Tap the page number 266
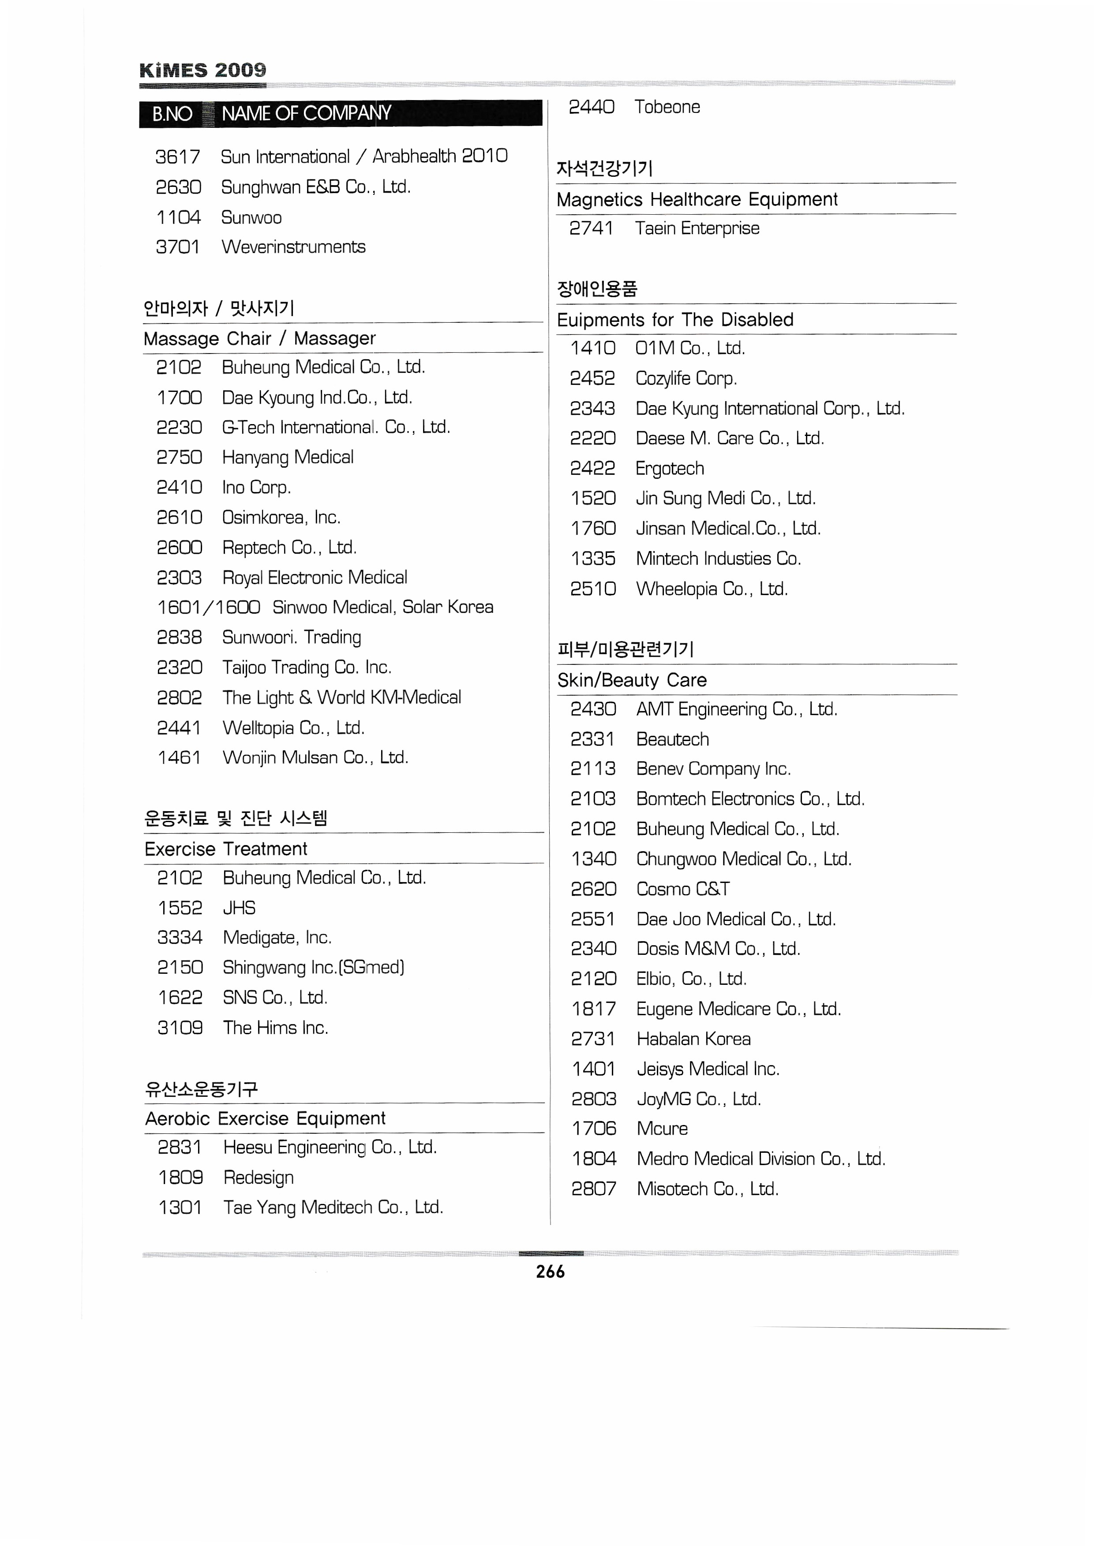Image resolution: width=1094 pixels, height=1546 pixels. pyautogui.click(x=551, y=1271)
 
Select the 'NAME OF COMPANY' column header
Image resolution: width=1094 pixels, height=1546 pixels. pyautogui.click(x=307, y=113)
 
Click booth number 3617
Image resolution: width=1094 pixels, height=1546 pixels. pyautogui.click(x=178, y=157)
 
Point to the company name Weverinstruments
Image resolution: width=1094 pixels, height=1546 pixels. pyautogui.click(x=294, y=247)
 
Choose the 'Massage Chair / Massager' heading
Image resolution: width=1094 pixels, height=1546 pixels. pyautogui.click(x=260, y=338)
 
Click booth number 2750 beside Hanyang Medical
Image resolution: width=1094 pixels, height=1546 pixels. pyautogui.click(x=179, y=457)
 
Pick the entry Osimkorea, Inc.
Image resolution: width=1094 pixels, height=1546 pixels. pyautogui.click(x=281, y=517)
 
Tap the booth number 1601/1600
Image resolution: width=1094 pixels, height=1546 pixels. pyautogui.click(x=209, y=607)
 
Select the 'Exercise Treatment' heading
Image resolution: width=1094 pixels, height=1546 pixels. pyautogui.click(x=226, y=849)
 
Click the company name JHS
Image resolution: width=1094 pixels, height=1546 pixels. pyautogui.click(x=239, y=908)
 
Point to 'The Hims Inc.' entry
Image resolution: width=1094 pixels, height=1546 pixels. pyautogui.click(x=276, y=1028)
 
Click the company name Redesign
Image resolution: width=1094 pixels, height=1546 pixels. pyautogui.click(x=259, y=1177)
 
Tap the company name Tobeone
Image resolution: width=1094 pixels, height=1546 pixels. pyautogui.click(x=667, y=107)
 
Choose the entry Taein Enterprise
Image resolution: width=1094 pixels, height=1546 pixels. pyautogui.click(x=697, y=228)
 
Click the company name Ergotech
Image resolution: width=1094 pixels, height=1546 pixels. pyautogui.click(x=670, y=468)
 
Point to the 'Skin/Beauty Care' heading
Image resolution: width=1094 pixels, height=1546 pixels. pyautogui.click(x=632, y=680)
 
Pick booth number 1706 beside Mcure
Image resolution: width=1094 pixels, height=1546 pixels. pyautogui.click(x=593, y=1129)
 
